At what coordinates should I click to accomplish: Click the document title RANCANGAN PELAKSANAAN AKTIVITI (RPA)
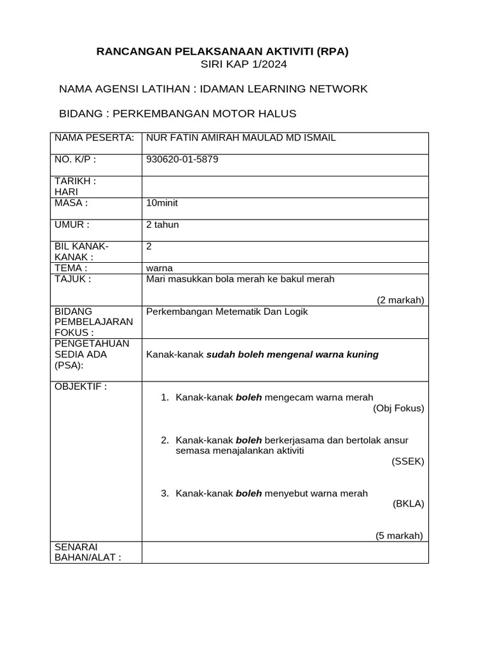222,52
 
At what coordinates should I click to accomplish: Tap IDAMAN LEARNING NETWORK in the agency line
283,89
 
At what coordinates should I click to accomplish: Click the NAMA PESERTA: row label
94,138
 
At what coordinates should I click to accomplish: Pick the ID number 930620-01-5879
182,159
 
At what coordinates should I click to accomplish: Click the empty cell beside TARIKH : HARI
285,187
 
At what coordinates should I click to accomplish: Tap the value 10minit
166,203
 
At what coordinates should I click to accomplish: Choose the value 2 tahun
163,225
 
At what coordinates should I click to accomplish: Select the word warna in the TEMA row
159,268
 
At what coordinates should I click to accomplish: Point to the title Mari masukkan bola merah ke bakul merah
240,279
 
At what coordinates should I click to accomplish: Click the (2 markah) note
400,300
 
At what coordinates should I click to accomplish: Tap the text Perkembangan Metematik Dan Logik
227,312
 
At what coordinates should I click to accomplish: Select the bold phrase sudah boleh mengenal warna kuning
292,355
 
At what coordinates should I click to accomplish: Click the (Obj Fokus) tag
398,408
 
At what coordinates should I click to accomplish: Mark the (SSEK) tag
408,461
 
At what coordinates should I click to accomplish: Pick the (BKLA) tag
409,504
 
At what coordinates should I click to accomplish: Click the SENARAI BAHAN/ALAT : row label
88,552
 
